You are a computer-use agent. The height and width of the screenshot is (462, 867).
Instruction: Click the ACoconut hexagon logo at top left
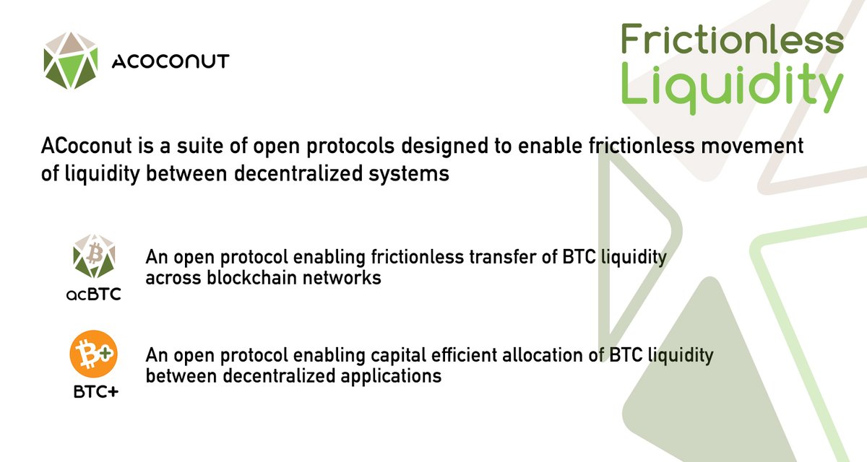coord(70,59)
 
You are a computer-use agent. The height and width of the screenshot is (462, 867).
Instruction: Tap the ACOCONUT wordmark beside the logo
coord(171,61)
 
